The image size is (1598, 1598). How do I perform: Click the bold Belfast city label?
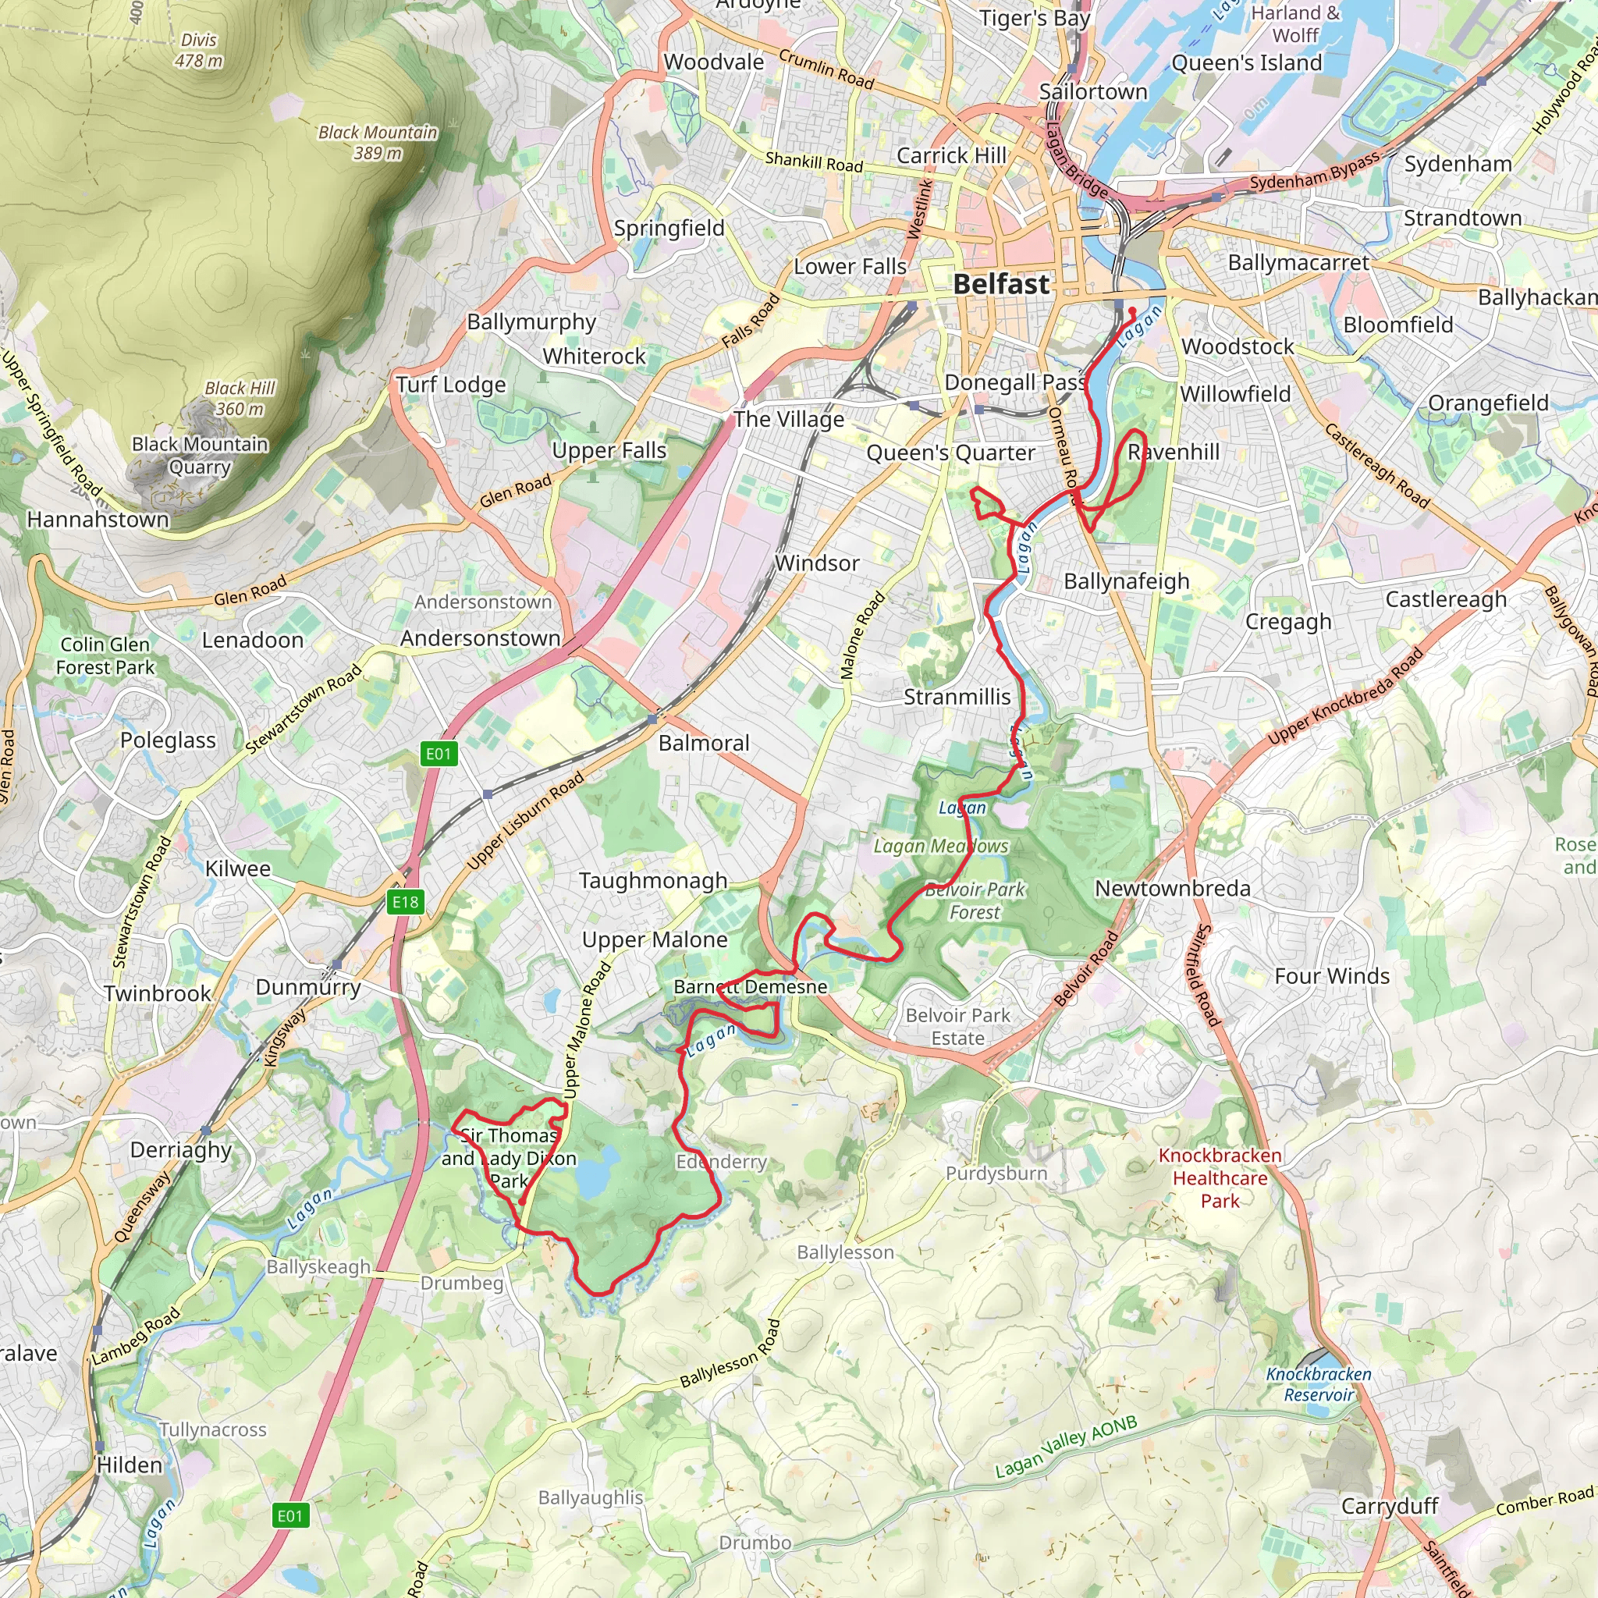tap(1001, 285)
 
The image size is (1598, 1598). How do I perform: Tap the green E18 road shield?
tap(405, 901)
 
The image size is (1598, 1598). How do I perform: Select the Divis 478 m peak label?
tap(198, 51)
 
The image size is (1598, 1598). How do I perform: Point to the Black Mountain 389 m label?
tap(378, 142)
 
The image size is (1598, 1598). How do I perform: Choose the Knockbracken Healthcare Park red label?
tap(1220, 1177)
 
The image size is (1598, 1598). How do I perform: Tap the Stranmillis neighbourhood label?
tap(957, 698)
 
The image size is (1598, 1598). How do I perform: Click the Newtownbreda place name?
tap(1172, 888)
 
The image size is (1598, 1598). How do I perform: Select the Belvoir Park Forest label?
tap(975, 900)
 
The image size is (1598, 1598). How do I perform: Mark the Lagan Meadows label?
tap(940, 846)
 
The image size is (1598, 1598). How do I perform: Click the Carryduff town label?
tap(1390, 1505)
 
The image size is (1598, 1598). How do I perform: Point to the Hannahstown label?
tap(98, 520)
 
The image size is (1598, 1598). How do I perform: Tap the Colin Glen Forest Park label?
tap(105, 656)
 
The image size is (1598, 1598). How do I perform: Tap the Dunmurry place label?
tap(307, 987)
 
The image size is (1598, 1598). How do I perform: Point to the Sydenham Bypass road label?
tap(1314, 170)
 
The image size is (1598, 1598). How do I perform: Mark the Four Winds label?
tap(1332, 976)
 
